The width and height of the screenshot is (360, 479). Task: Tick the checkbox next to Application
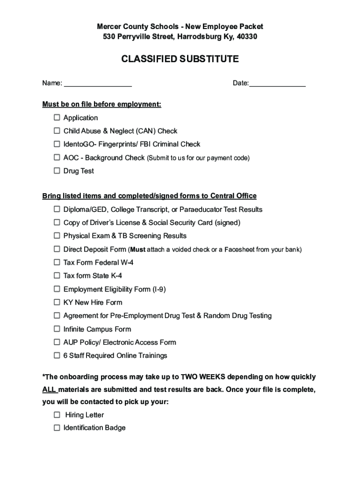click(x=57, y=117)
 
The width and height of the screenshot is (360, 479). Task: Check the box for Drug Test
click(x=57, y=171)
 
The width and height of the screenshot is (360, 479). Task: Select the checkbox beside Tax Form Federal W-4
click(x=57, y=262)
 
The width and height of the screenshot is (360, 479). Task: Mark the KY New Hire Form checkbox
click(x=57, y=302)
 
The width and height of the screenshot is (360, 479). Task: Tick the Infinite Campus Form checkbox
click(x=57, y=329)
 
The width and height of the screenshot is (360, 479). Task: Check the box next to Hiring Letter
click(x=57, y=415)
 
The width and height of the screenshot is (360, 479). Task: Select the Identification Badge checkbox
click(x=57, y=428)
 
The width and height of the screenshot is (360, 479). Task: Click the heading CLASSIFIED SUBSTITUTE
click(x=180, y=59)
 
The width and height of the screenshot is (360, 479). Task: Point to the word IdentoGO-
click(x=80, y=144)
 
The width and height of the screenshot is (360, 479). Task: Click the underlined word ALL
click(x=49, y=390)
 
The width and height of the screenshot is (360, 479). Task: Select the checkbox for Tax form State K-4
click(x=57, y=276)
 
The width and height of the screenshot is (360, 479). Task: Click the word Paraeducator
click(x=199, y=209)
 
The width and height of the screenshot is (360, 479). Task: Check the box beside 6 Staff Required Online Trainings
click(x=57, y=356)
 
